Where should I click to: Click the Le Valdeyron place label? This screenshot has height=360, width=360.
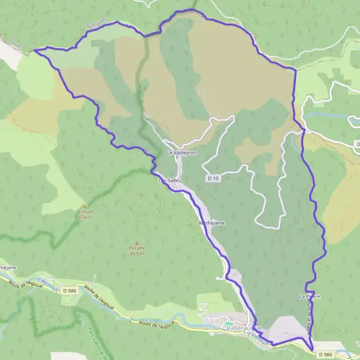pyautogui.click(x=181, y=153)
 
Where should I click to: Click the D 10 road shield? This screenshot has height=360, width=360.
pyautogui.click(x=211, y=178)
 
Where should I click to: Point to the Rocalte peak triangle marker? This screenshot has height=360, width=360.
pyautogui.click(x=137, y=242)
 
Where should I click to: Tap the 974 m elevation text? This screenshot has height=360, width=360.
pyautogui.click(x=85, y=217)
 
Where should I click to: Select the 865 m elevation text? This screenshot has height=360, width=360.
pyautogui.click(x=137, y=254)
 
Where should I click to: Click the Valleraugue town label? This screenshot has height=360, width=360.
pyautogui.click(x=242, y=328)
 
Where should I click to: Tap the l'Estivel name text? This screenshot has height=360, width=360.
pyautogui.click(x=85, y=211)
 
